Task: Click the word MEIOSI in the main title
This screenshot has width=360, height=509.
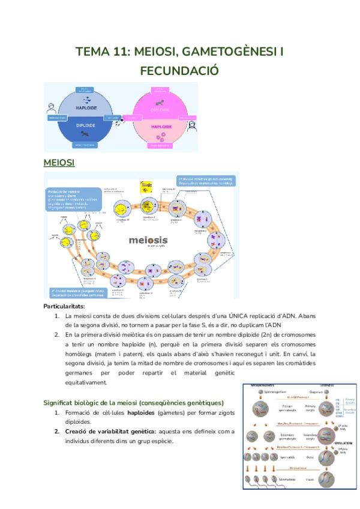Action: point(155,52)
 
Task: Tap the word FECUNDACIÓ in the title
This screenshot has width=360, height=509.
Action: point(179,71)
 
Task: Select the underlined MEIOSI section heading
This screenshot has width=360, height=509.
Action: point(59,163)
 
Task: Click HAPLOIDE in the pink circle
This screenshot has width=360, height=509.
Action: point(161,127)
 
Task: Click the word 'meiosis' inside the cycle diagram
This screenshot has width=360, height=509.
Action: point(148,240)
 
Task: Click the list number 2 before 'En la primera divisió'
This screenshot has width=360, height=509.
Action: point(57,334)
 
